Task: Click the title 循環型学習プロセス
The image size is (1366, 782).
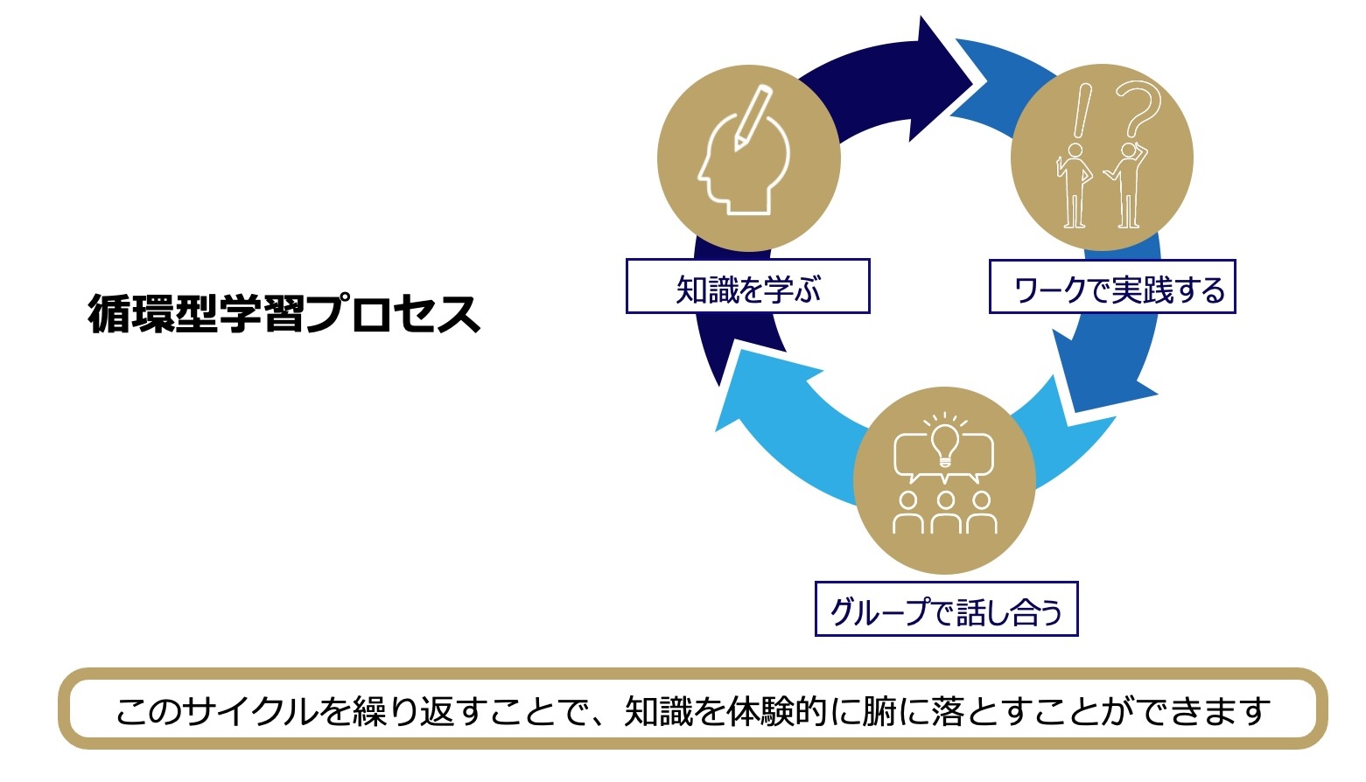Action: tap(284, 314)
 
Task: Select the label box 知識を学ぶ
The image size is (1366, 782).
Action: tap(747, 287)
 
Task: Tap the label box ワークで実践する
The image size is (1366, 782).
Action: tap(1112, 288)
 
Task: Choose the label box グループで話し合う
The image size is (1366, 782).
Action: tap(946, 610)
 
